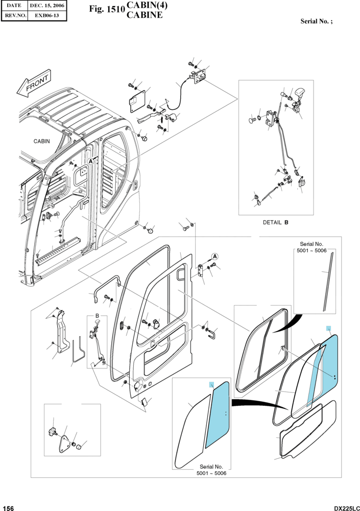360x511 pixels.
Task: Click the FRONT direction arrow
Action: [34, 83]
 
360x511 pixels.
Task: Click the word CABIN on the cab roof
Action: [42, 141]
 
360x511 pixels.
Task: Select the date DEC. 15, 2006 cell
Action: [47, 6]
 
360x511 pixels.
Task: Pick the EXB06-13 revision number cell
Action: [47, 15]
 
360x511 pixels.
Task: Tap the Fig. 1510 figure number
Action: [107, 9]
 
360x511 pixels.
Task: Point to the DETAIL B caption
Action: [276, 223]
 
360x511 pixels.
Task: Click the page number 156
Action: [8, 508]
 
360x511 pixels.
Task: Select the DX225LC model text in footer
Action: [347, 508]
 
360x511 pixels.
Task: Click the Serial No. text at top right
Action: [317, 21]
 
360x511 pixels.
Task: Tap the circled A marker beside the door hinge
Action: [214, 257]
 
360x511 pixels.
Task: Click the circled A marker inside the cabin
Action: [91, 161]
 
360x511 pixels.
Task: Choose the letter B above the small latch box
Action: [97, 316]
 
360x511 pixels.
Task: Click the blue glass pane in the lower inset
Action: [218, 414]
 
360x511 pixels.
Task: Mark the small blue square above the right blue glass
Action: [329, 328]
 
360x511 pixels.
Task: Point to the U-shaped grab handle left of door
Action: [105, 287]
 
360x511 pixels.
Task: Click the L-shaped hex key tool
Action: [78, 351]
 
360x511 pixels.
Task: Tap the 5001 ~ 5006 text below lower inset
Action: [211, 473]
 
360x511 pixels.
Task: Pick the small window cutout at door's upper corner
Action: [181, 274]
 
